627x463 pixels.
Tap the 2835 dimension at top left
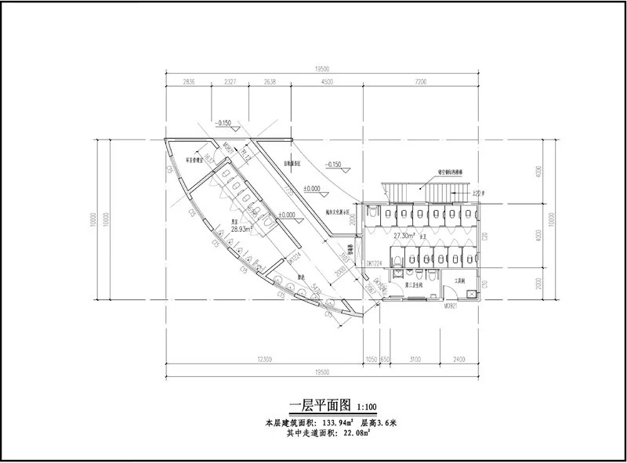coord(188,81)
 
